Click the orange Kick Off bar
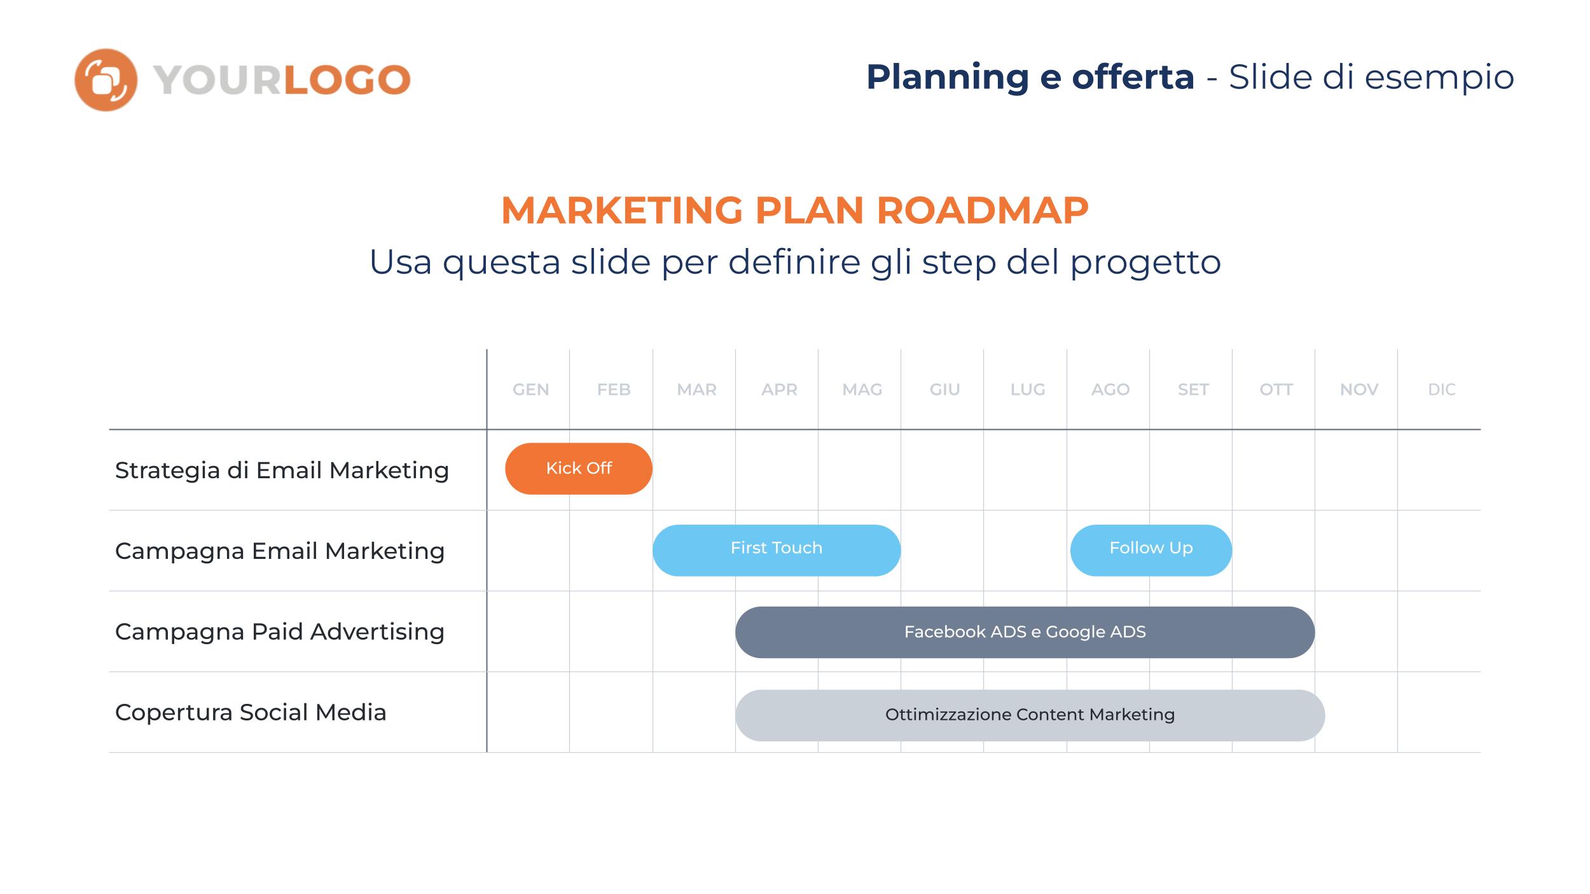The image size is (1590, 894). [x=579, y=469]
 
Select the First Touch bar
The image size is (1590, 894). [x=777, y=550]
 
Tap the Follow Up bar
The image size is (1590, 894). [x=1151, y=550]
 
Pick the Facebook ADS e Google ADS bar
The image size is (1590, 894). [x=1025, y=632]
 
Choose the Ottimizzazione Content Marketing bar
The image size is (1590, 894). [x=1030, y=715]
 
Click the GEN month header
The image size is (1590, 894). [x=531, y=389]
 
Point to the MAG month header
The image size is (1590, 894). [x=862, y=389]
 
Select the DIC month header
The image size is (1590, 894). [x=1442, y=389]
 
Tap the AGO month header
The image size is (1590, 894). [x=1110, y=389]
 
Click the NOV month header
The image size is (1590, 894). [x=1359, y=389]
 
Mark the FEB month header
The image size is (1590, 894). [x=614, y=389]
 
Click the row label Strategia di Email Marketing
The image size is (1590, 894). [x=282, y=471]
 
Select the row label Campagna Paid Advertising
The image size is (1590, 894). [x=280, y=632]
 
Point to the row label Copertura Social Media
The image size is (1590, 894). [x=251, y=713]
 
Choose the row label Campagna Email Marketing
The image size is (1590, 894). [x=280, y=551]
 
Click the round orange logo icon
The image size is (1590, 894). [x=106, y=80]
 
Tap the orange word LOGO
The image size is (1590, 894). [x=347, y=80]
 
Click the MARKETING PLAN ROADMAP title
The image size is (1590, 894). [x=795, y=210]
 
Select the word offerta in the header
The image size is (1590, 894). [x=1133, y=77]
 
